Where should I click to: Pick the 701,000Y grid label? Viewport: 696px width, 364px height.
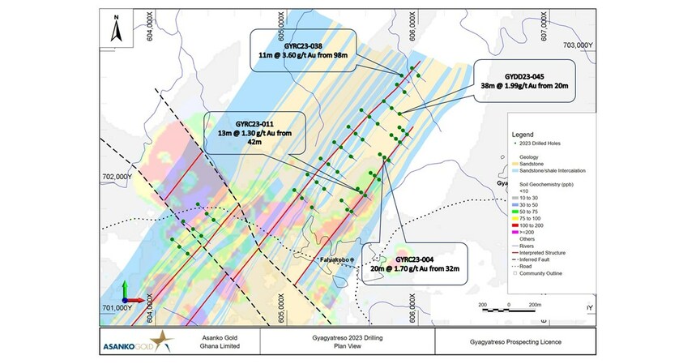(116, 308)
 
